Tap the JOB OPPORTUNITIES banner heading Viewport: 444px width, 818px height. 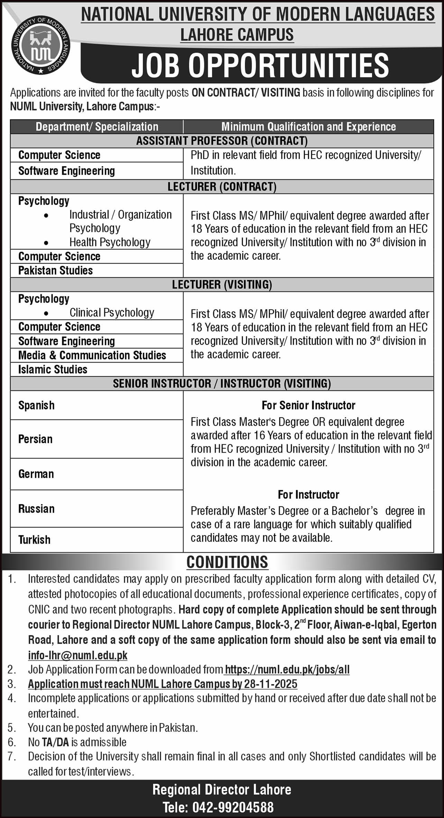(260, 65)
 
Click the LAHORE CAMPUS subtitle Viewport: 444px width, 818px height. (237, 35)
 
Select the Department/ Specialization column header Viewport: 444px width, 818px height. (97, 127)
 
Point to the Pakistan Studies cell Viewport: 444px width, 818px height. (56, 270)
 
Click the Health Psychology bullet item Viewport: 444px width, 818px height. (110, 242)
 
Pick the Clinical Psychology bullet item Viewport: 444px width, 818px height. (112, 312)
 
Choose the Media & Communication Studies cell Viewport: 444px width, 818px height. (92, 355)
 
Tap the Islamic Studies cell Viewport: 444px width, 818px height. (53, 369)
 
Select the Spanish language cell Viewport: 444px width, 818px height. (36, 405)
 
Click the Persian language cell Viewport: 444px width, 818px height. (35, 439)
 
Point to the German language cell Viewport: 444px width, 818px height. (36, 474)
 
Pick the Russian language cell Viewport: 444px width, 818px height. (36, 509)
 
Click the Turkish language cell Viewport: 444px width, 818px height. (34, 539)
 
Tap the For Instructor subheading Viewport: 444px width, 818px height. (308, 494)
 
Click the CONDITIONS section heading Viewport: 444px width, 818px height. (227, 562)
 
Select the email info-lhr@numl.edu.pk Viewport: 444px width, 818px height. (78, 655)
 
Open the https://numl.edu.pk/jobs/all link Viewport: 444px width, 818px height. (287, 670)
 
